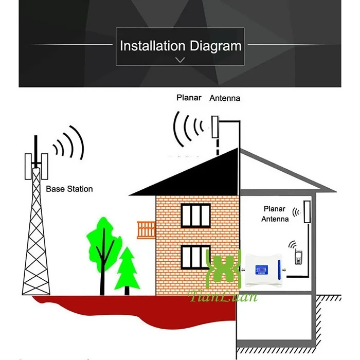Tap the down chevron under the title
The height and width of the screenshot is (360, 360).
[x=180, y=60]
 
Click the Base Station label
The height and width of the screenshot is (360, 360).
[x=69, y=189]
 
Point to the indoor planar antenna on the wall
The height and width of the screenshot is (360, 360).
[x=308, y=211]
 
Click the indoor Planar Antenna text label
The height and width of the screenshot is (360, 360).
[x=275, y=214]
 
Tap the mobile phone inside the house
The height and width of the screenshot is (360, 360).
[x=298, y=257]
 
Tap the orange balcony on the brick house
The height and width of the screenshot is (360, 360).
[x=146, y=229]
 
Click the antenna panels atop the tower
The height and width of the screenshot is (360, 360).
[x=36, y=164]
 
